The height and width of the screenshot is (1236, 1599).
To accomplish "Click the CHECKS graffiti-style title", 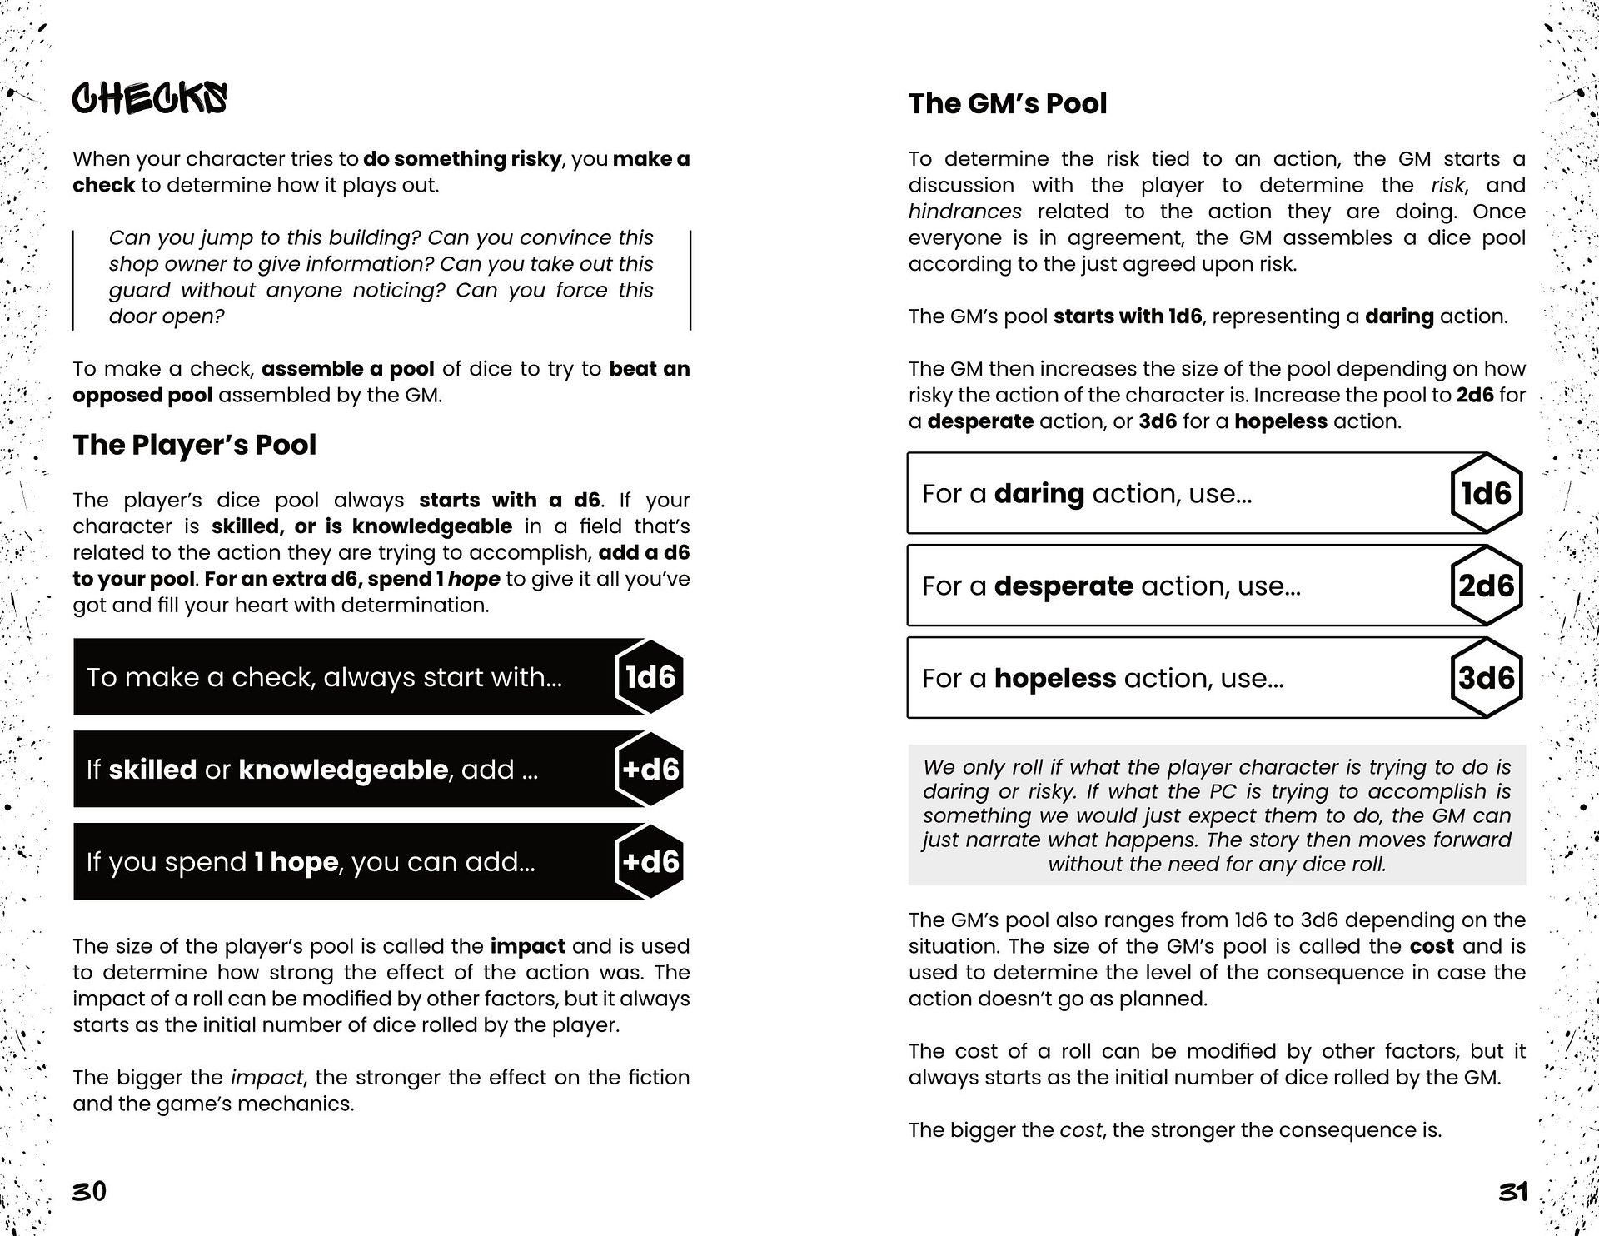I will coord(149,99).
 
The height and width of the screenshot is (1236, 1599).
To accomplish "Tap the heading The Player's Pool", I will coord(194,445).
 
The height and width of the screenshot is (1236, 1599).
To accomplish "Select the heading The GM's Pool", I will coord(1008,103).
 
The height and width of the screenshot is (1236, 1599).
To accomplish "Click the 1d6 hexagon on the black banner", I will coord(650,677).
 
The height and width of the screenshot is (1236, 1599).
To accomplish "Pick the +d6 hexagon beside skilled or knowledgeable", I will coord(650,769).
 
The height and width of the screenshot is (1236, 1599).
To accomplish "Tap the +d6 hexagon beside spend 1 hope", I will coord(650,861).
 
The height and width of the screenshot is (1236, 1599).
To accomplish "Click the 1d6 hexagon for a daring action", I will coord(1486,493).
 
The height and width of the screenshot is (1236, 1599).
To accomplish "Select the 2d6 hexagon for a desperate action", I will coord(1486,586).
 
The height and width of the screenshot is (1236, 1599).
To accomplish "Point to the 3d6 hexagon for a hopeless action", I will coord(1486,678).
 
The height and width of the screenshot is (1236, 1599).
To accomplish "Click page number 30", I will coord(89,1192).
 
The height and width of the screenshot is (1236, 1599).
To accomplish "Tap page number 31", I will coord(1512,1192).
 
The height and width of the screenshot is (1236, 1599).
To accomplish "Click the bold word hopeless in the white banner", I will coord(1054,678).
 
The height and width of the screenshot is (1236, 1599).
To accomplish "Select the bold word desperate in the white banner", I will coord(1064,586).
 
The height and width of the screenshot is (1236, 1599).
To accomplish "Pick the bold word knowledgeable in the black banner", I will coord(343,769).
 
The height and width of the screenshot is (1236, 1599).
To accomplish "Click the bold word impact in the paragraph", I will coord(527,946).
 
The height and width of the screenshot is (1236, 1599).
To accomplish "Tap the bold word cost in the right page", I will coord(1432,946).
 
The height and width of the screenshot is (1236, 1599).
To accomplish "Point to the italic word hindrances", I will coord(964,212).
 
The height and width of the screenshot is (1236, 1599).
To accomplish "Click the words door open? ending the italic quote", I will coord(167,316).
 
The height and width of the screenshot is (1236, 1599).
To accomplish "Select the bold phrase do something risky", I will coord(462,159).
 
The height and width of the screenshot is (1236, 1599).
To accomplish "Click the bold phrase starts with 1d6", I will coord(1128,316).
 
